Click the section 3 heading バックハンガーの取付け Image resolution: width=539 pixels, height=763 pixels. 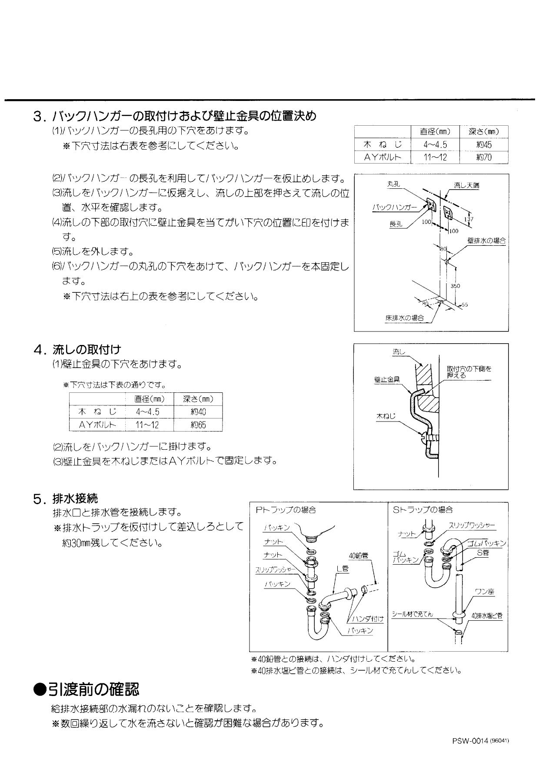[174, 116]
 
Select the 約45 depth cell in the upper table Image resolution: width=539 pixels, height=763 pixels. [483, 145]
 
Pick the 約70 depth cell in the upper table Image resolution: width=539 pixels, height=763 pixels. [483, 157]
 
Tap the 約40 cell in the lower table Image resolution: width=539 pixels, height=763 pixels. [198, 412]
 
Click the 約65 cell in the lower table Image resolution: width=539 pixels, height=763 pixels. [198, 425]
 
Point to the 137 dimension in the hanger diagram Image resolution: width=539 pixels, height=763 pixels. [469, 219]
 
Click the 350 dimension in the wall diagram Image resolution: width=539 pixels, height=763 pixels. [455, 286]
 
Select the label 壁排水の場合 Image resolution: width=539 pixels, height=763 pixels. [486, 241]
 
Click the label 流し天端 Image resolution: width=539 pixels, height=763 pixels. [466, 185]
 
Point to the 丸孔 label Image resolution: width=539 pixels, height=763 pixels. [393, 184]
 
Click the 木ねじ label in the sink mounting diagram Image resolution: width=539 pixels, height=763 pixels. [386, 416]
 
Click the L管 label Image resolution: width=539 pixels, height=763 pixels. [342, 568]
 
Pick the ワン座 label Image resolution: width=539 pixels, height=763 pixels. [484, 592]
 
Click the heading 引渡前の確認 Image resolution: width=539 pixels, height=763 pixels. [87, 689]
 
